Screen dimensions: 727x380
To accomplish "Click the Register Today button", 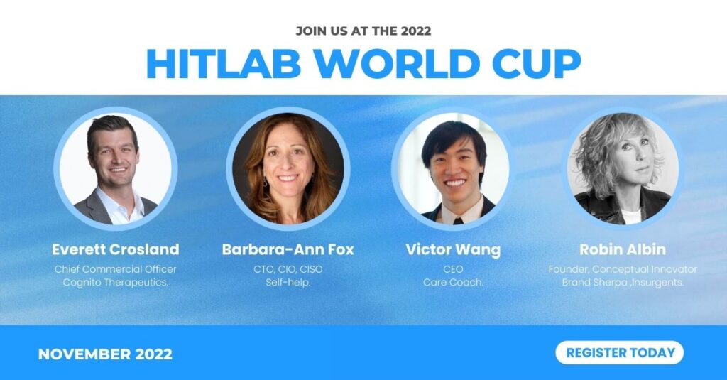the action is pyautogui.click(x=619, y=352).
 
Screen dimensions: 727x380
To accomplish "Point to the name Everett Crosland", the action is pyautogui.click(x=116, y=249).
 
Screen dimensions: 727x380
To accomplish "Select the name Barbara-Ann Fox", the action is pyautogui.click(x=288, y=249).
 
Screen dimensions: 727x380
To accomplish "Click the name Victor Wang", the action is pyautogui.click(x=453, y=249).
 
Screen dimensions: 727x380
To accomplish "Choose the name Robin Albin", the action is pyautogui.click(x=623, y=249).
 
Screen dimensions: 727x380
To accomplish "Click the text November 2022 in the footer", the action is pyautogui.click(x=105, y=354).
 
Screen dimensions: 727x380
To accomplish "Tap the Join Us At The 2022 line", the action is pyautogui.click(x=363, y=31).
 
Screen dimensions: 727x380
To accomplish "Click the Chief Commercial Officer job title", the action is pyautogui.click(x=116, y=269).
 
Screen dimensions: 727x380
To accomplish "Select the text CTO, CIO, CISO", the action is pyautogui.click(x=288, y=269).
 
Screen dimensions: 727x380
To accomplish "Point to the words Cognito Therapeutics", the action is pyautogui.click(x=116, y=282).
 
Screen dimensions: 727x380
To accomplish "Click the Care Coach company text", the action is pyautogui.click(x=453, y=282).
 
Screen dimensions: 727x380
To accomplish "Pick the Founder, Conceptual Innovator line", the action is pyautogui.click(x=623, y=269).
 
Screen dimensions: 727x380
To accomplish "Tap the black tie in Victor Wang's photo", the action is pyautogui.click(x=458, y=220).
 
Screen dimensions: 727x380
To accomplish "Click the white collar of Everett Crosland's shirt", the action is pyautogui.click(x=121, y=202).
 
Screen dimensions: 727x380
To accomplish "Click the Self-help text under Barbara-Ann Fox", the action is pyautogui.click(x=288, y=282).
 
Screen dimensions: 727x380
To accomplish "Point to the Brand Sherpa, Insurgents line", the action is pyautogui.click(x=623, y=282).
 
